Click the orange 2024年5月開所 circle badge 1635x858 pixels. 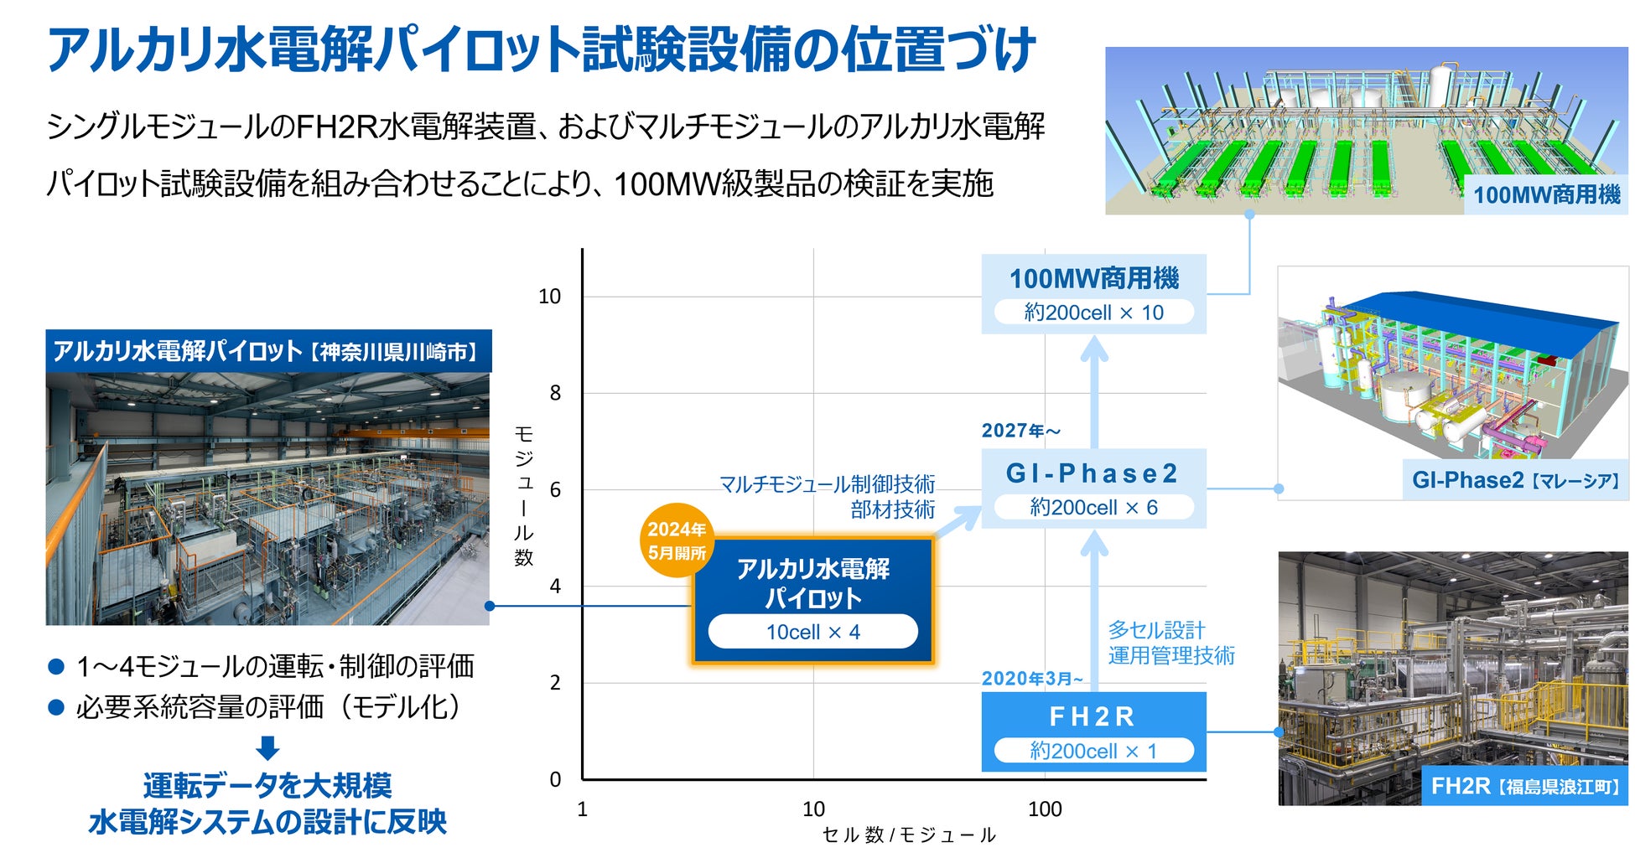[677, 540]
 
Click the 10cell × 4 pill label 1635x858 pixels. [812, 632]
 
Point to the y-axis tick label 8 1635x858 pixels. [555, 393]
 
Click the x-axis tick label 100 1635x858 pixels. [1045, 809]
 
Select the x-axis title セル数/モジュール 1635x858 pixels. [909, 835]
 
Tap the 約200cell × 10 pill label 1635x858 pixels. [1093, 313]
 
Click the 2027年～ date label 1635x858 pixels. [1021, 431]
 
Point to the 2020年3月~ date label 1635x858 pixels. [1032, 679]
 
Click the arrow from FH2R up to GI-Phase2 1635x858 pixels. [1093, 612]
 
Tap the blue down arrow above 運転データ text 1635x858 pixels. [267, 747]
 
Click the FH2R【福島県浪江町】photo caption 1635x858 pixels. [1524, 786]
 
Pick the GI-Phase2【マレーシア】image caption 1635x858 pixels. [1514, 480]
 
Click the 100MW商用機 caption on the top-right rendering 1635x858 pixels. [1546, 195]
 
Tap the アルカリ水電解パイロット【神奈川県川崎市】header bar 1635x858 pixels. [268, 351]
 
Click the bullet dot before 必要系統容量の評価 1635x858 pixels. [57, 708]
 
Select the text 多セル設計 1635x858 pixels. [1156, 630]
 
